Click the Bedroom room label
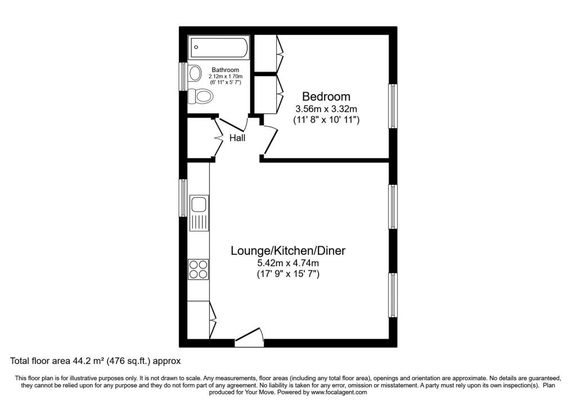326,96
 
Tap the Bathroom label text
225,69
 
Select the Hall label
237,138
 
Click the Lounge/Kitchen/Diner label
287,251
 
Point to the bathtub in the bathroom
219,47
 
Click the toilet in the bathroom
200,97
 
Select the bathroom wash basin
195,73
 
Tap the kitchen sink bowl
199,204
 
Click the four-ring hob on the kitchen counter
199,269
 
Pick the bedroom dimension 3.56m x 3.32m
326,109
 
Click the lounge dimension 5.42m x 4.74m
287,263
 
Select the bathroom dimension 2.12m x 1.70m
225,76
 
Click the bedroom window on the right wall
393,106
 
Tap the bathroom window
183,76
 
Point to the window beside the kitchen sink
183,198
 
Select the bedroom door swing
269,139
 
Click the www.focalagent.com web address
339,392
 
